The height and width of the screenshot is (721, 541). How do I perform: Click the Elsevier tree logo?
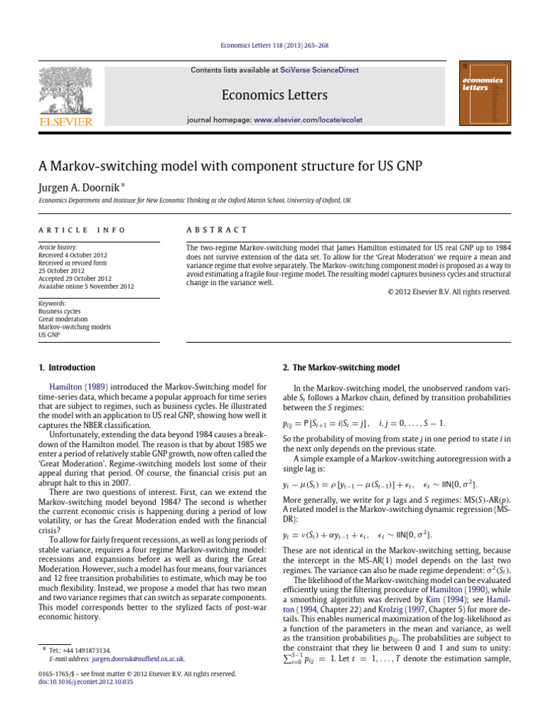(65, 87)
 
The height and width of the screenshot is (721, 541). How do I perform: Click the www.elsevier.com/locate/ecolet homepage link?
(308, 120)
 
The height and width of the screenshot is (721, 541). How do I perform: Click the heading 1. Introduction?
(66, 368)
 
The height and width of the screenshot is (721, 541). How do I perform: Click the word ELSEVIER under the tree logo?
(65, 123)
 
